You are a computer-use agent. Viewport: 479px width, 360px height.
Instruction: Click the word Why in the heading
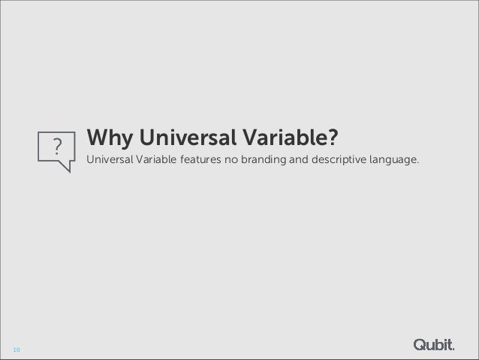point(108,140)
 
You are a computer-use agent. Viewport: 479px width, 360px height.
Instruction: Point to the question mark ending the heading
point(333,139)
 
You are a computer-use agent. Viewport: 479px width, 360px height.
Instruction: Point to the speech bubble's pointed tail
point(68,167)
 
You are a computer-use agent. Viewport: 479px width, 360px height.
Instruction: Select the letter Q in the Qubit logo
point(420,344)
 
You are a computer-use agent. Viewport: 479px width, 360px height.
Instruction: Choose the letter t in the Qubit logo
point(450,344)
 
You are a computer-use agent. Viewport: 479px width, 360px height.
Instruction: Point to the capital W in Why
point(98,139)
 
